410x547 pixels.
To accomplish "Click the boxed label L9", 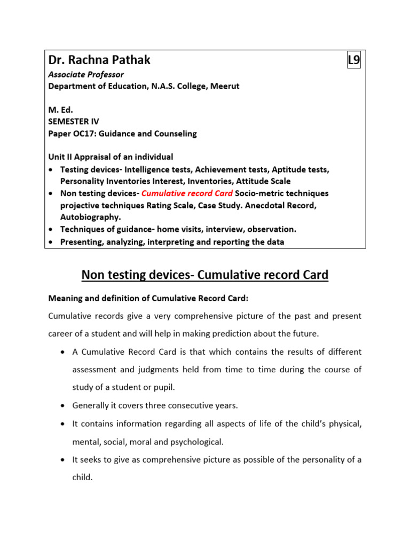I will pos(353,60).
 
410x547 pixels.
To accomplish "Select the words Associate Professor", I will pos(86,75).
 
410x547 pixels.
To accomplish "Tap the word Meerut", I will pos(225,86).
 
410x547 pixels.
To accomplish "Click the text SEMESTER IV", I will pos(73,122).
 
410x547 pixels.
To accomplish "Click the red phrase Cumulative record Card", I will pos(187,193).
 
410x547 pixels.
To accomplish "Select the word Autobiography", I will pos(91,217).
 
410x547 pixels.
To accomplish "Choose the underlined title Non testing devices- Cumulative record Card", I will pos(204,275).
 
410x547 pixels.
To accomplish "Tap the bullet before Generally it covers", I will pos(63,405).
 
